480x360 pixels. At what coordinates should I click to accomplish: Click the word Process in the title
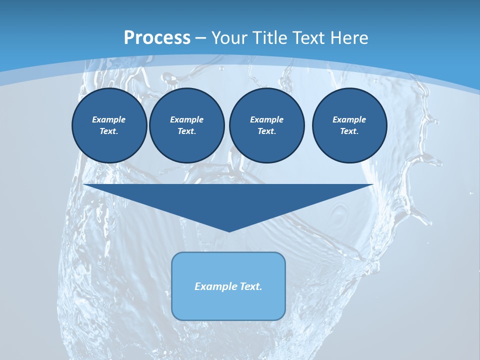(x=157, y=38)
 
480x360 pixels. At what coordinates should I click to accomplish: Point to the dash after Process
(x=201, y=38)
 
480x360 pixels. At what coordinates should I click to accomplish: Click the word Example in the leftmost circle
(x=109, y=119)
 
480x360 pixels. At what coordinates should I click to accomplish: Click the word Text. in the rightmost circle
(x=349, y=131)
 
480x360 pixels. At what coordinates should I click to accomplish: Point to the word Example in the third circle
(x=266, y=119)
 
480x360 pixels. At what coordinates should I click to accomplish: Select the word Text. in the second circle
(x=187, y=131)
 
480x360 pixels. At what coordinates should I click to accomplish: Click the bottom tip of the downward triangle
(x=229, y=230)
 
